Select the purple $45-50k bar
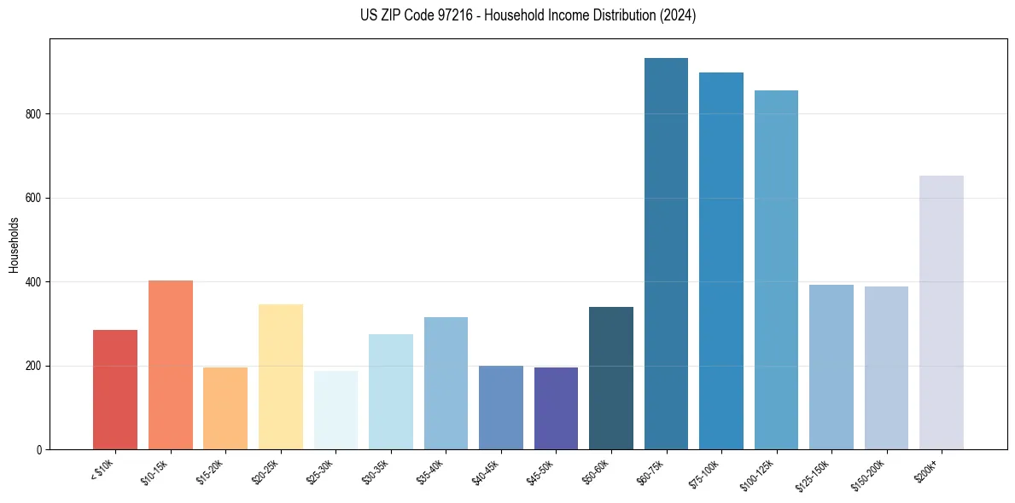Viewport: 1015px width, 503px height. point(556,408)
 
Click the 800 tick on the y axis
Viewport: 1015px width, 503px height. point(33,114)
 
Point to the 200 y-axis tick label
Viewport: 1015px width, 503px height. point(33,366)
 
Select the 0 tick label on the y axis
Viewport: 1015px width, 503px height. point(39,449)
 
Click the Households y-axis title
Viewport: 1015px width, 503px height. point(14,245)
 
